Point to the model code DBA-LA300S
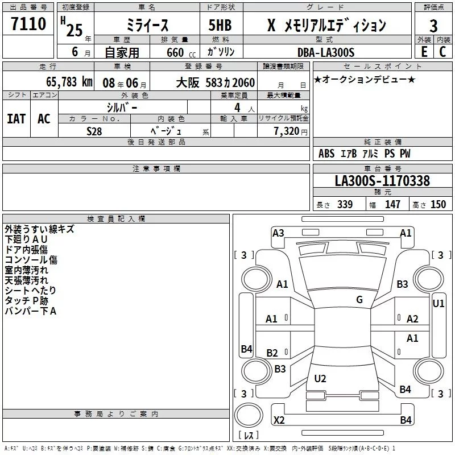(326, 52)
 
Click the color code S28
(94, 130)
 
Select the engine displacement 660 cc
(172, 52)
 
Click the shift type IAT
(16, 119)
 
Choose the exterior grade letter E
(424, 52)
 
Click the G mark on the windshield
(359, 300)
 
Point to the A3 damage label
(278, 233)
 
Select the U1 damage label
(439, 304)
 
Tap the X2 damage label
(279, 420)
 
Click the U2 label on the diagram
(320, 378)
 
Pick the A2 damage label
(412, 319)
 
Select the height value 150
(438, 205)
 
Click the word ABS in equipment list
(326, 154)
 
